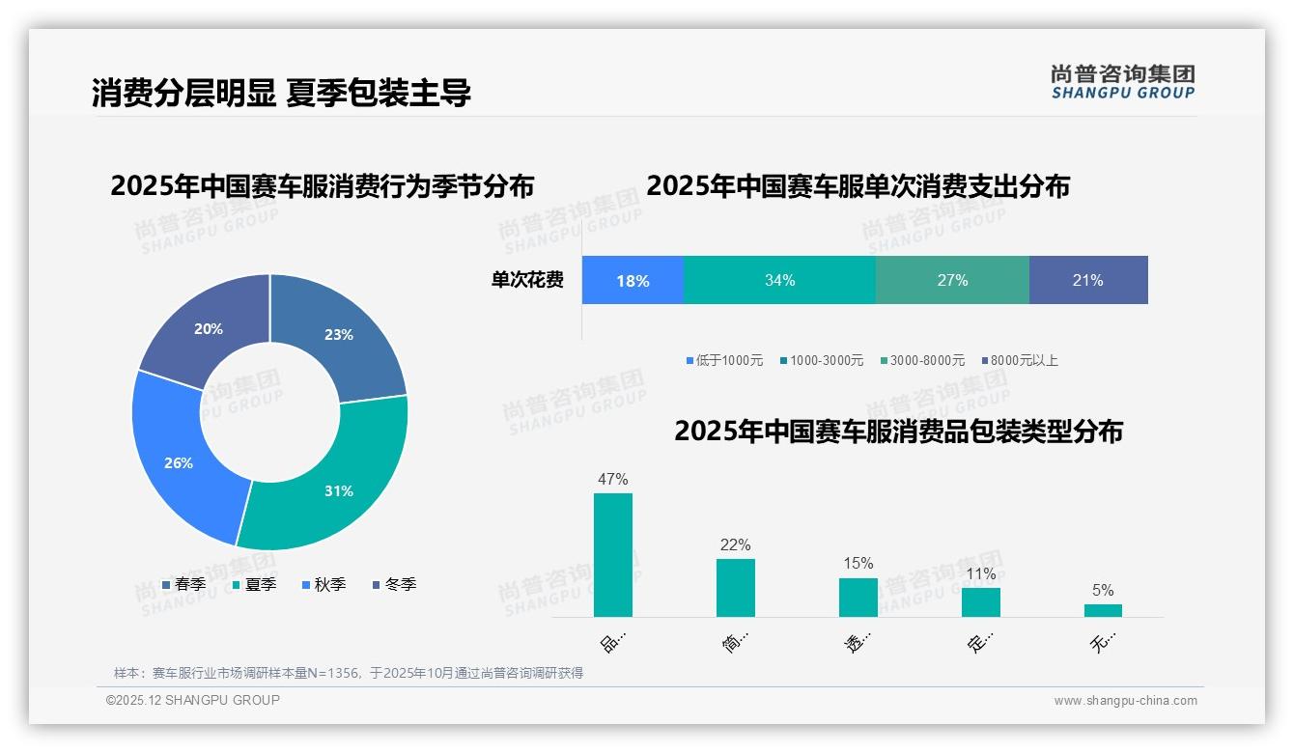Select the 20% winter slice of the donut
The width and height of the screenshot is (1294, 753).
[x=208, y=328]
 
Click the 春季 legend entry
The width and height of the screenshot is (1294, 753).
[x=183, y=584]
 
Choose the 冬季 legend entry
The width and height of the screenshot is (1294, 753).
[x=393, y=584]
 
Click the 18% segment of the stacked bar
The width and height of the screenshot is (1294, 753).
[x=633, y=280]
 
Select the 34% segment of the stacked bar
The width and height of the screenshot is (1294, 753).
[x=779, y=280]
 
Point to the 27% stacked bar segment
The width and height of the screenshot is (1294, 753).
[x=952, y=280]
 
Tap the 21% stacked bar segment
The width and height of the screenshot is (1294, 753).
[x=1088, y=280]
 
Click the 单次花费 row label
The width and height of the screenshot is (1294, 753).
[x=527, y=280]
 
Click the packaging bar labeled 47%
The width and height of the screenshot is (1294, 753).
[x=613, y=555]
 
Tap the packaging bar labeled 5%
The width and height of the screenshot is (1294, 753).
[x=1103, y=610]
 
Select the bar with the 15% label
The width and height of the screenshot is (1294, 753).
[x=858, y=597]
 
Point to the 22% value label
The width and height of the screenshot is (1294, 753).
[x=735, y=544]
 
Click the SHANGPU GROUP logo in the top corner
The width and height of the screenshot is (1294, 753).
[x=1122, y=81]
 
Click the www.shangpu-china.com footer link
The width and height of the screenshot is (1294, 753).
[x=1125, y=701]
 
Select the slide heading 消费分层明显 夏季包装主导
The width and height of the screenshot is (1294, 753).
[x=281, y=93]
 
